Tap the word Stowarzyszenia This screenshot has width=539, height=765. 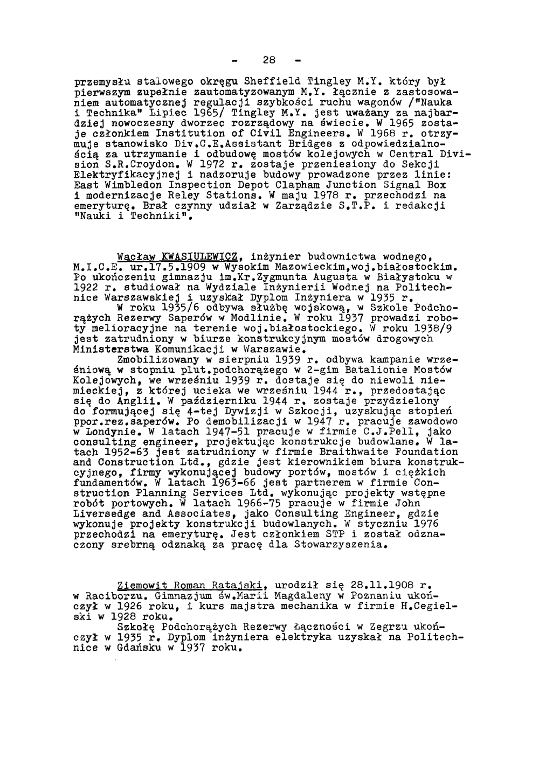(x=340, y=544)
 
